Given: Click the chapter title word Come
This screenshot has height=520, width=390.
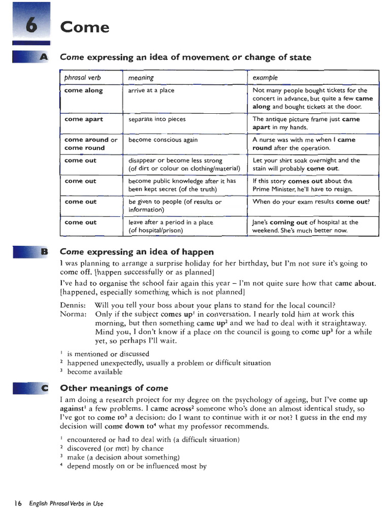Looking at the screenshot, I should tap(84, 27).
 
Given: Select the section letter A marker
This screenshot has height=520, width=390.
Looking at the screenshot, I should tap(43, 57).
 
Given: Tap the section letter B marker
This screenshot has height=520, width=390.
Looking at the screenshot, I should tap(43, 251).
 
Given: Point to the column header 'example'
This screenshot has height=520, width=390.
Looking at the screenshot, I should tap(265, 78).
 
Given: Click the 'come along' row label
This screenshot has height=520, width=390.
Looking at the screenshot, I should tap(83, 90).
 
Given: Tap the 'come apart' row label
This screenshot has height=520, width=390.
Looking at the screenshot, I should tap(83, 119).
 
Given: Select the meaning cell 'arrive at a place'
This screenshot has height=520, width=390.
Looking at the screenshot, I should tap(151, 90).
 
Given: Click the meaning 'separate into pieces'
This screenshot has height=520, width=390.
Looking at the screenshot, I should tap(157, 119).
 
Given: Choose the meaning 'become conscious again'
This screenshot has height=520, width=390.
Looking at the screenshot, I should tap(163, 140).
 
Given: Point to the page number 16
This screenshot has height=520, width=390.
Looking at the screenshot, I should tap(18, 504).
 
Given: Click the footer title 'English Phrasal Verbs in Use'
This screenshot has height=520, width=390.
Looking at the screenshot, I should tap(66, 504).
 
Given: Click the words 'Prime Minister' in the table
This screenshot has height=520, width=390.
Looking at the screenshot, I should tap(275, 189).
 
